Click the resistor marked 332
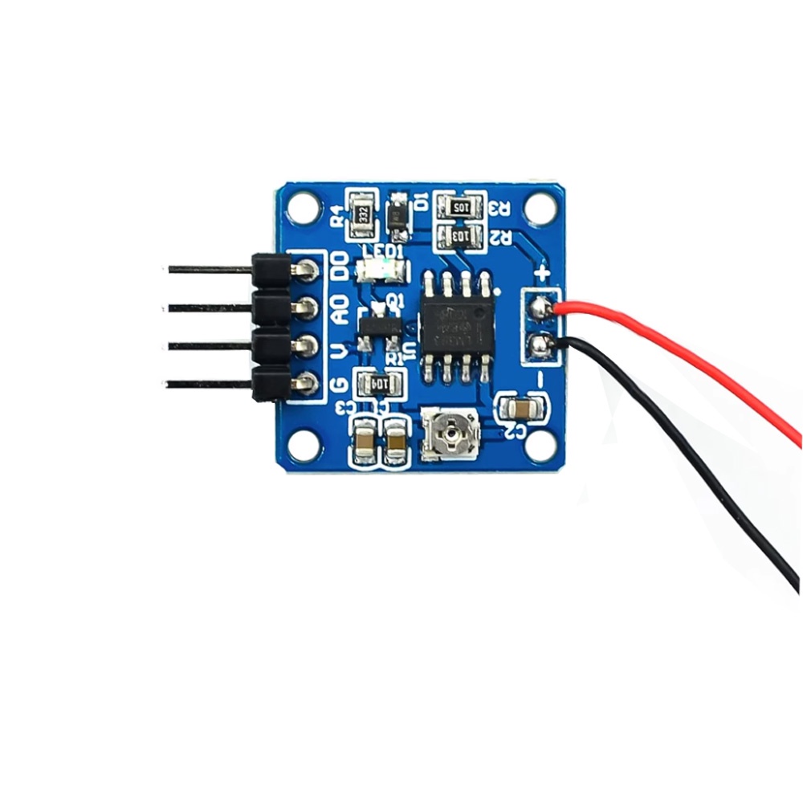362,214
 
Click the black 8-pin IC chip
457,327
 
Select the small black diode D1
397,214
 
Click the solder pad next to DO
304,271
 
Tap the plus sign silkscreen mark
542,273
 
